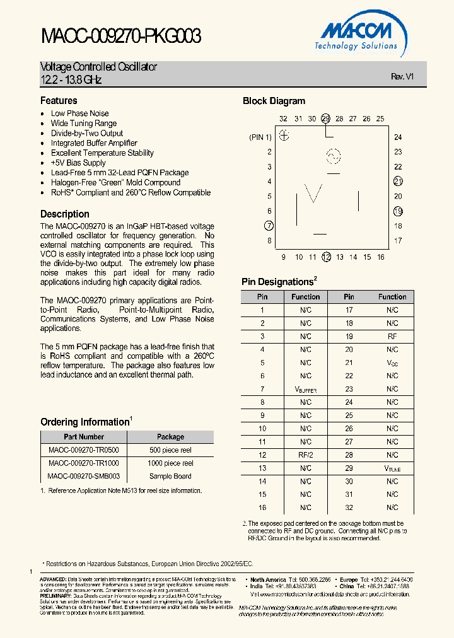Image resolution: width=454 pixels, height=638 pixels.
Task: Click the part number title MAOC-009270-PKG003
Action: [121, 37]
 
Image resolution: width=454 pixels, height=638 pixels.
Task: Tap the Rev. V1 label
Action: [402, 76]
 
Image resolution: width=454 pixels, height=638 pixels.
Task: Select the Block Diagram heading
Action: [274, 101]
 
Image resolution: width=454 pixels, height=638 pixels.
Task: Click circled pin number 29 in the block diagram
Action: [325, 119]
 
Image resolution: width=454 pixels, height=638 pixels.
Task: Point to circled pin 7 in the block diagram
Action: [269, 226]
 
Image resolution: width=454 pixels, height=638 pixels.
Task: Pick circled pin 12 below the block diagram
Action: [326, 257]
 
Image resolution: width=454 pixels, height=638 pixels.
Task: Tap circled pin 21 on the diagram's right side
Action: [398, 182]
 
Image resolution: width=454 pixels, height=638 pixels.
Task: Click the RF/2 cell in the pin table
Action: [306, 455]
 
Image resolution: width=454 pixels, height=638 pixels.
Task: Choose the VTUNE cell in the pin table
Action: [392, 468]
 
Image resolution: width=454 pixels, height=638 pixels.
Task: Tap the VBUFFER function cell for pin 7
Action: [306, 390]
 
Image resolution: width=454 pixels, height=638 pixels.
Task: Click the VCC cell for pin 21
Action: [392, 363]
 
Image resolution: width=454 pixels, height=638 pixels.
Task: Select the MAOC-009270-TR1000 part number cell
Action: [83, 463]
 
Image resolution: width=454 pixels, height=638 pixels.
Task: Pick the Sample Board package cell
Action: [170, 477]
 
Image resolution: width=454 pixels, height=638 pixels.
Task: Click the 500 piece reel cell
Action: [170, 450]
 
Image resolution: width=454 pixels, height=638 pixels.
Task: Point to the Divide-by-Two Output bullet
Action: [87, 133]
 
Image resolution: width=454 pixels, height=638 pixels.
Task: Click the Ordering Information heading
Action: [84, 422]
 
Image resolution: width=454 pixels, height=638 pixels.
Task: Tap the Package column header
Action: [170, 437]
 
